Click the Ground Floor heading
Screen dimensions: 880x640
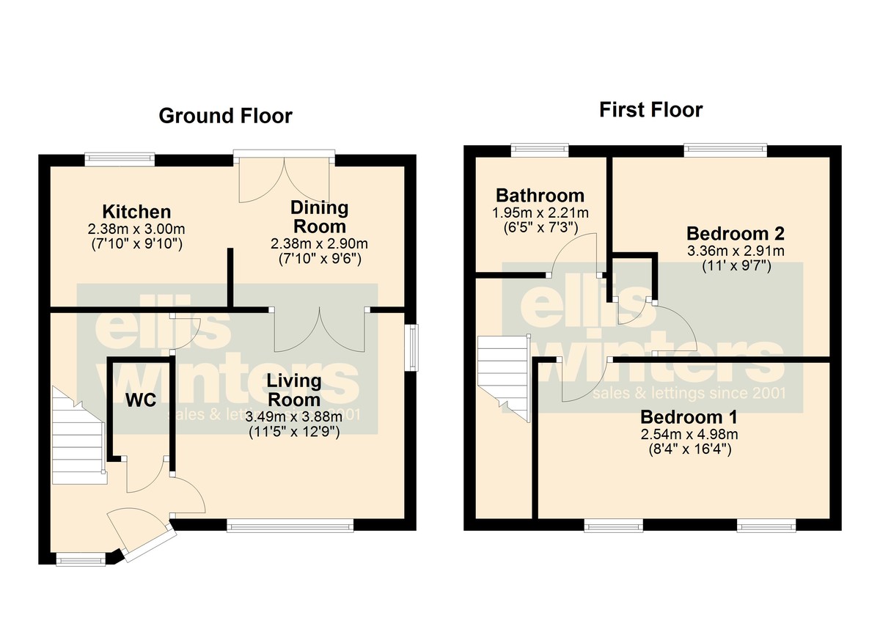click(226, 117)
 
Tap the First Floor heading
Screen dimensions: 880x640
click(651, 110)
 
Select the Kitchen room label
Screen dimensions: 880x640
click(136, 212)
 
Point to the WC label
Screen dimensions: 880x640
click(141, 400)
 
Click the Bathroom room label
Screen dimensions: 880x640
click(540, 196)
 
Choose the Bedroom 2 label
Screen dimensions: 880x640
click(736, 234)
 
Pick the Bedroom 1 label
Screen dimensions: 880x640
click(689, 417)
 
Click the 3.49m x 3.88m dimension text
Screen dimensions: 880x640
click(294, 416)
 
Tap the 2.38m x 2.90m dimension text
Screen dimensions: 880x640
click(320, 244)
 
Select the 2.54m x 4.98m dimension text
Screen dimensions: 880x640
click(689, 434)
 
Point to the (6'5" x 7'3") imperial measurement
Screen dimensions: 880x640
click(540, 228)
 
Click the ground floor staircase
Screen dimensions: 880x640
click(79, 435)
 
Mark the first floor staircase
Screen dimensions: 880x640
click(504, 378)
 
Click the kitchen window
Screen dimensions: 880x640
click(120, 158)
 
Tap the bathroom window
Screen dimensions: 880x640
click(540, 150)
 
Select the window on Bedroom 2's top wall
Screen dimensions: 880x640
click(725, 150)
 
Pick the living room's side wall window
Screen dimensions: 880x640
click(411, 347)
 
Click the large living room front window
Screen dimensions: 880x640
click(290, 526)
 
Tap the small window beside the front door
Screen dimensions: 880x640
click(81, 559)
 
